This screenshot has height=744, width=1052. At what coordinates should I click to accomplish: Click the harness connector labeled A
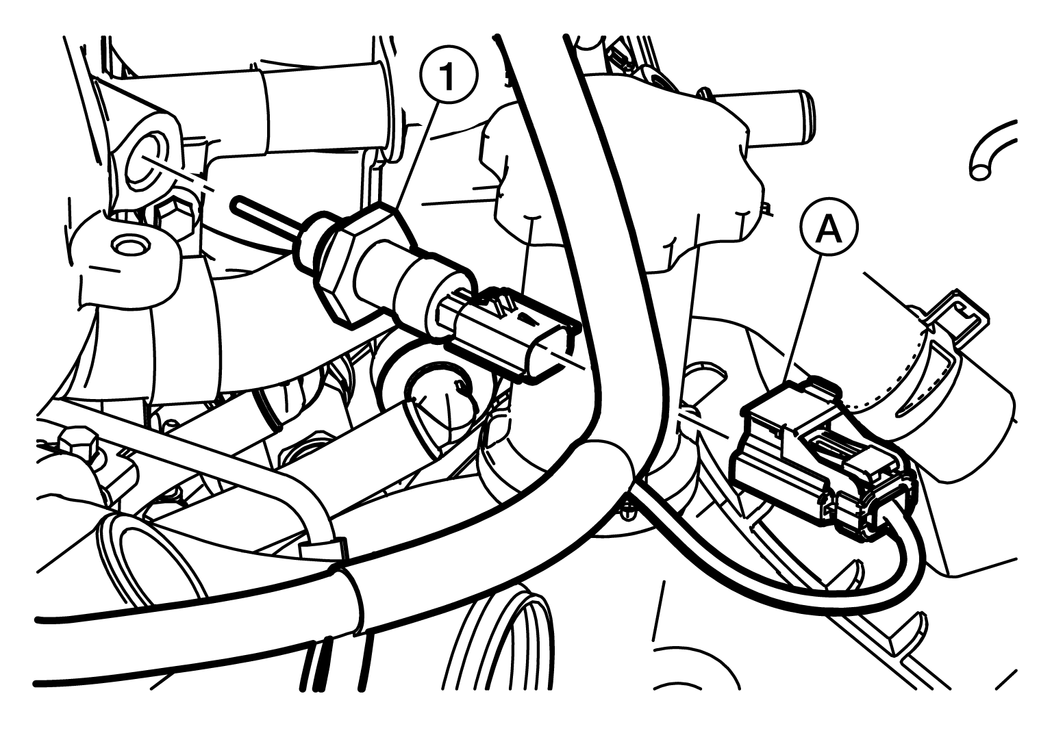(822, 458)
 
